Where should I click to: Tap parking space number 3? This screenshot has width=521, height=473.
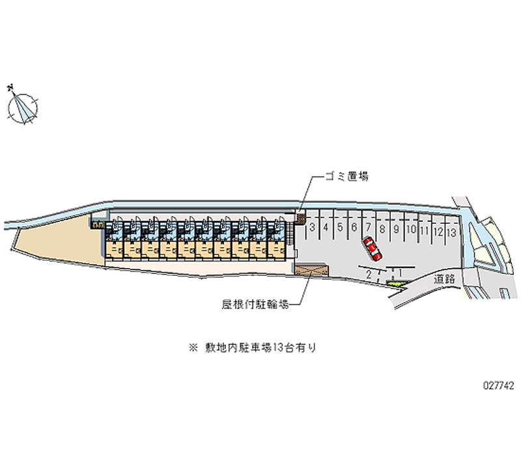click(313, 228)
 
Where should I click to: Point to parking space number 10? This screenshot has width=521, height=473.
click(410, 229)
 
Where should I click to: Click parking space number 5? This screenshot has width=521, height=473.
click(341, 228)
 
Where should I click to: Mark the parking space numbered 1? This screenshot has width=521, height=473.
click(399, 274)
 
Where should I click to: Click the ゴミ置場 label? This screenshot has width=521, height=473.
click(347, 176)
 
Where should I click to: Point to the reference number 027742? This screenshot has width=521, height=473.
click(498, 385)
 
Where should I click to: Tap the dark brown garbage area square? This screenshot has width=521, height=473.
click(300, 220)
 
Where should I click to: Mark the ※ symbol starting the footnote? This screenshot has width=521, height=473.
click(193, 348)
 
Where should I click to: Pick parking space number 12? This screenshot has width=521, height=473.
click(438, 230)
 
